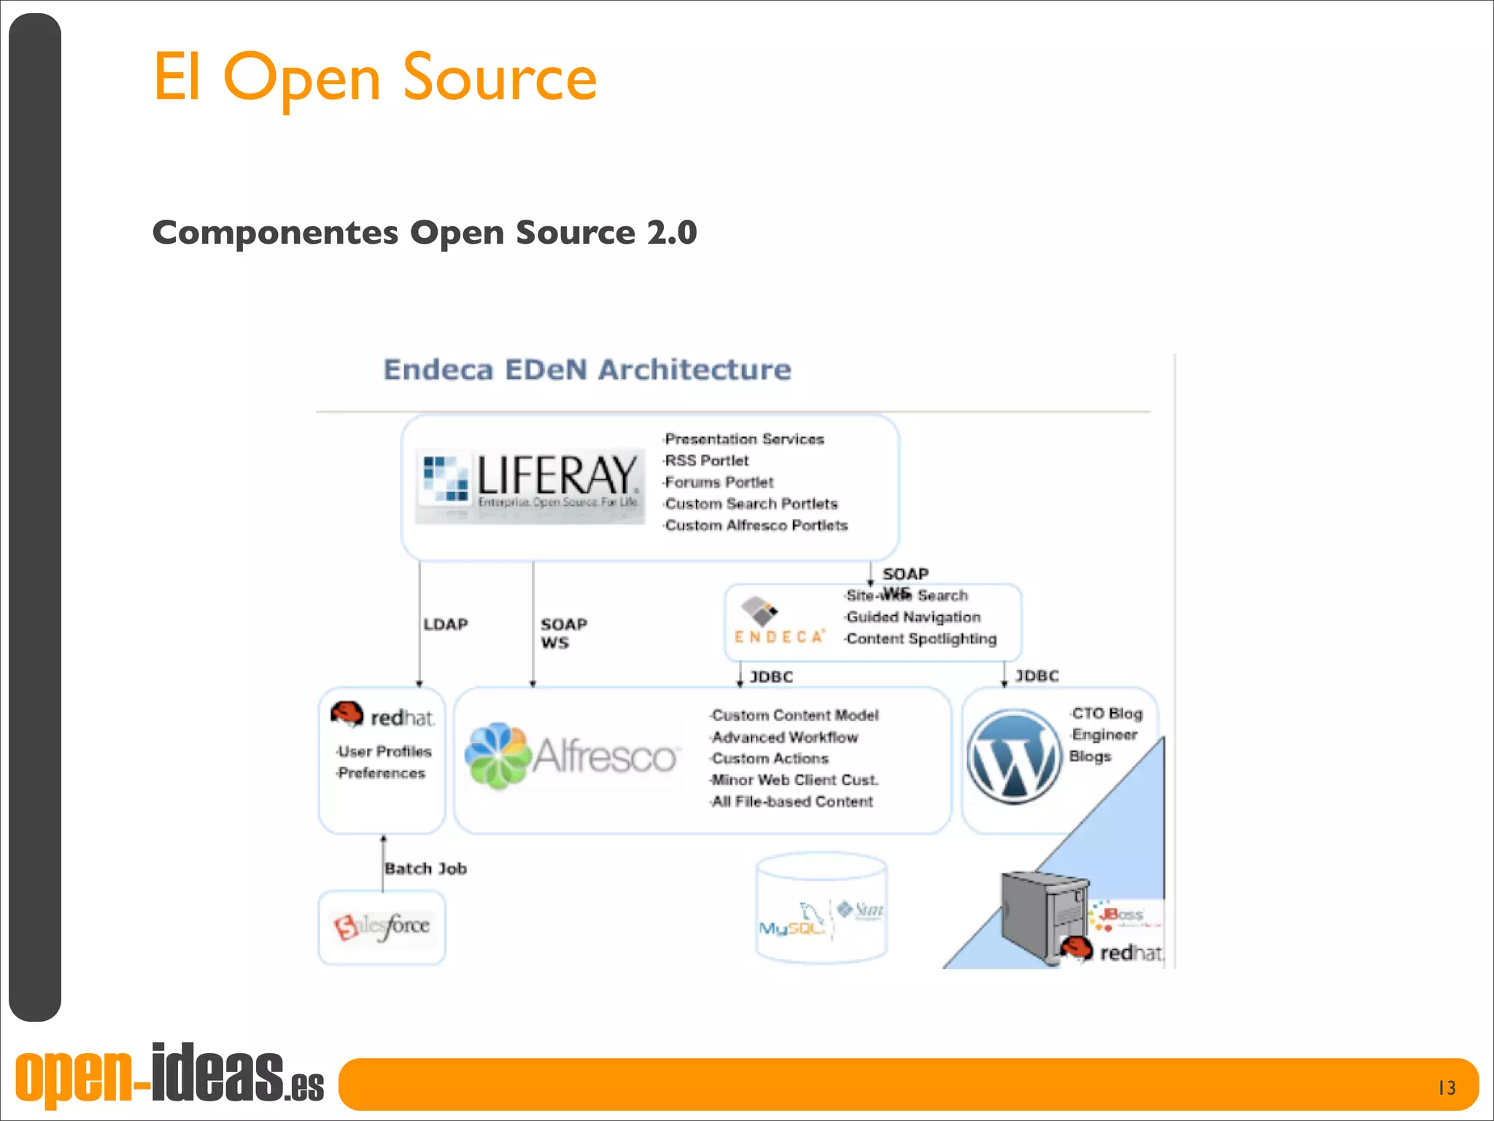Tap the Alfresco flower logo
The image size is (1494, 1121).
pyautogui.click(x=498, y=756)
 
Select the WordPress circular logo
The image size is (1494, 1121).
pyautogui.click(x=1014, y=757)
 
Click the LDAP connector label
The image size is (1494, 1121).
pyautogui.click(x=446, y=625)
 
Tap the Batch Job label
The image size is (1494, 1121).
pyautogui.click(x=425, y=868)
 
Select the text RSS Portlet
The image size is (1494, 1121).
pyautogui.click(x=706, y=461)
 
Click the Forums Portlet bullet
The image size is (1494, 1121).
pyautogui.click(x=719, y=482)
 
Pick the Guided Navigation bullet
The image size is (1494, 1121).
pyautogui.click(x=913, y=617)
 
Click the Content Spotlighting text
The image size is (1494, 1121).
pyautogui.click(x=921, y=639)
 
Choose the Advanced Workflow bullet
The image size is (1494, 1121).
pyautogui.click(x=784, y=737)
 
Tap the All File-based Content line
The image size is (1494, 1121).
pyautogui.click(x=791, y=801)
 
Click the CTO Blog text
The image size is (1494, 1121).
pyautogui.click(x=1107, y=713)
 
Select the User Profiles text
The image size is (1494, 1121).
pyautogui.click(x=384, y=751)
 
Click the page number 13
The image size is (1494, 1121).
pyautogui.click(x=1447, y=1087)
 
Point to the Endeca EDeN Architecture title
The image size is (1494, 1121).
pyautogui.click(x=587, y=370)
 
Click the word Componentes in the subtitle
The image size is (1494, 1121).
pyautogui.click(x=275, y=233)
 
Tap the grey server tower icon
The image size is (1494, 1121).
pyautogui.click(x=1043, y=917)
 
